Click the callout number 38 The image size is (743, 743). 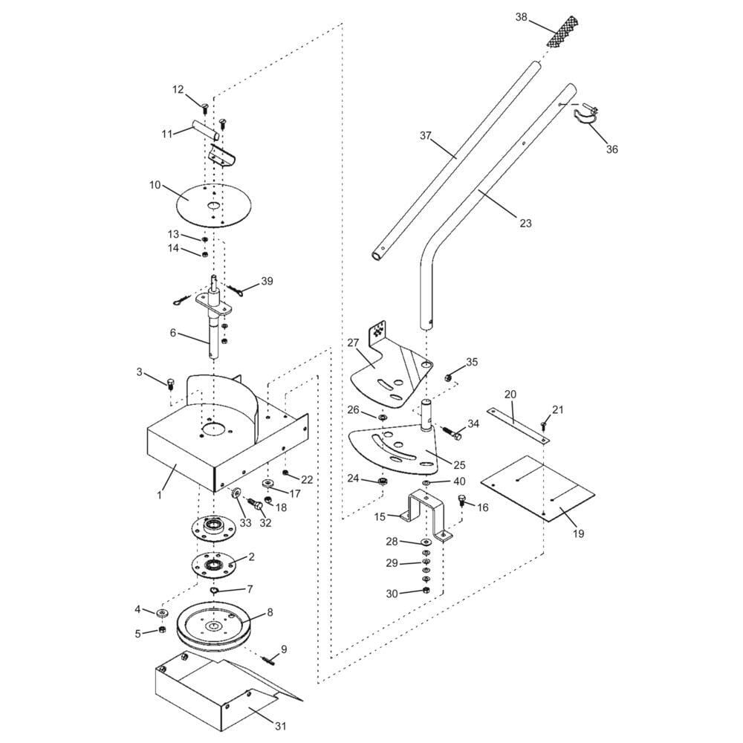coord(522,18)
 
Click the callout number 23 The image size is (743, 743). coord(526,223)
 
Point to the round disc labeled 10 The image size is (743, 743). coord(214,205)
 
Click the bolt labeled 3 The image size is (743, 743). coord(171,383)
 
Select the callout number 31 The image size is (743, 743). coord(281,726)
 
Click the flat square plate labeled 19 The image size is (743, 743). coord(537,488)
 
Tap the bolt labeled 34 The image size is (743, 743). coord(452,434)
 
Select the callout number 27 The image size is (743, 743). coord(353,343)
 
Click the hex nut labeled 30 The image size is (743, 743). coord(425,591)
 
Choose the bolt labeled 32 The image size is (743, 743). coord(255,504)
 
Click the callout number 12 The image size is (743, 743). coord(178,89)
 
